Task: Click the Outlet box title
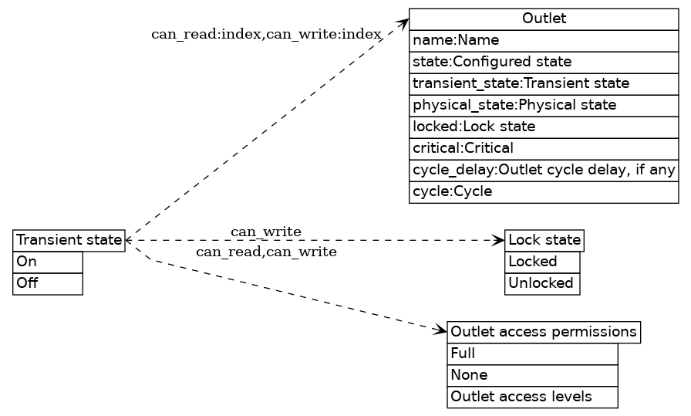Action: click(544, 19)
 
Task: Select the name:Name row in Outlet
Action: click(544, 40)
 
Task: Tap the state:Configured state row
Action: click(544, 62)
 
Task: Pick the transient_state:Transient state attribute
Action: click(544, 83)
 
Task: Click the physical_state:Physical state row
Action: click(544, 105)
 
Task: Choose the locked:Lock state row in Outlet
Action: click(544, 127)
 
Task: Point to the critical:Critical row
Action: click(544, 148)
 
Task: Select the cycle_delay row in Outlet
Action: click(544, 170)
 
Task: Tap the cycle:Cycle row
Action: click(544, 191)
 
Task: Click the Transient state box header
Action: click(69, 240)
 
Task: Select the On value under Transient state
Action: click(48, 262)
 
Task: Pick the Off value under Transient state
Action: click(48, 283)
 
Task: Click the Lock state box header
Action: click(544, 240)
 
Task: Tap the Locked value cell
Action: click(542, 262)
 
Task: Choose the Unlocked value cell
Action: click(542, 283)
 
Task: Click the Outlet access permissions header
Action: click(544, 333)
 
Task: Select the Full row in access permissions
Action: click(532, 354)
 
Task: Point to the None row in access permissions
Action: click(532, 376)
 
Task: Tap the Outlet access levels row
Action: click(532, 397)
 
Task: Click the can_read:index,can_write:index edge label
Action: click(266, 34)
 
